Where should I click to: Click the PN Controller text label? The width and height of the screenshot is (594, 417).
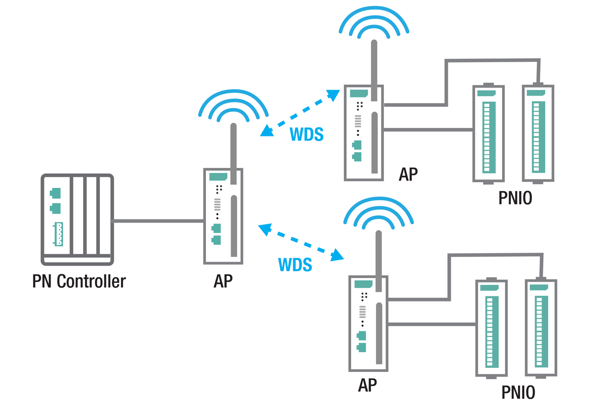click(x=79, y=281)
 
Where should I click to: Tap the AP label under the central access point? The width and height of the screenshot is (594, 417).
click(x=223, y=281)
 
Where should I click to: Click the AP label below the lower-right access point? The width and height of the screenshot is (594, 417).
click(x=367, y=385)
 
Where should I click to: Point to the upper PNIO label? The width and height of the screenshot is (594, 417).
click(x=515, y=198)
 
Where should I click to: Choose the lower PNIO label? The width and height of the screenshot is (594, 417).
click(x=518, y=392)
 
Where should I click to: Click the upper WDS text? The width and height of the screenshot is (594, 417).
click(x=306, y=134)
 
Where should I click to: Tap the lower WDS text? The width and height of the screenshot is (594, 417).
click(x=295, y=265)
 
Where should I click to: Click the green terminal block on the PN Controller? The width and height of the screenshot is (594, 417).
click(x=58, y=234)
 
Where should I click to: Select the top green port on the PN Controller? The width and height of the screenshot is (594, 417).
click(x=56, y=193)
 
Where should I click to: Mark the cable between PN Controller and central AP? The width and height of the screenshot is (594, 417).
click(x=158, y=221)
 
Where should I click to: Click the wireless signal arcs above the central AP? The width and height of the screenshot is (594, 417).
click(x=233, y=106)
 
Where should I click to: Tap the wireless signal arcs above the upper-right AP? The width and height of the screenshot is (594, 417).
click(x=374, y=23)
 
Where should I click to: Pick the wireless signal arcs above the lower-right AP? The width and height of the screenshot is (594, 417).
click(x=378, y=213)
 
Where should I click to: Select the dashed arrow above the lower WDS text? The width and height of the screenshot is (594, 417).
click(x=301, y=242)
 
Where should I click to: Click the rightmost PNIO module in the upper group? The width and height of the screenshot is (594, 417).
click(x=538, y=134)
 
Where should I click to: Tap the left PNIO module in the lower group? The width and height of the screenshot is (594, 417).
click(x=491, y=328)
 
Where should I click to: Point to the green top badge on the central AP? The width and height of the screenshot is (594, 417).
click(x=218, y=177)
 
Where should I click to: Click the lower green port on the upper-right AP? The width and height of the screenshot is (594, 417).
click(x=357, y=157)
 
